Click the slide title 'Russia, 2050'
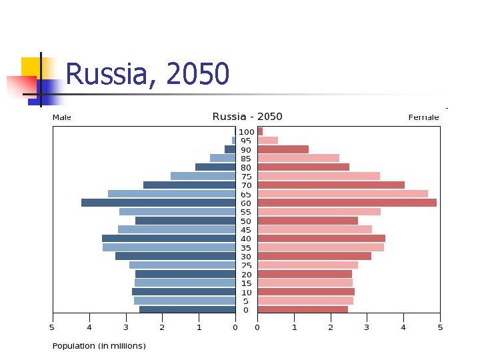tap(148, 74)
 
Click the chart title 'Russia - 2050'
tap(247, 117)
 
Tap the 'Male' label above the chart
tap(62, 117)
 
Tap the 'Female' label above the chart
tap(423, 117)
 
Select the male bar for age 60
tap(158, 203)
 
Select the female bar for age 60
tap(347, 203)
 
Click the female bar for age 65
tap(343, 194)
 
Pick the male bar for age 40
tap(169, 239)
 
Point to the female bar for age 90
tap(283, 149)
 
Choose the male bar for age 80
tap(215, 167)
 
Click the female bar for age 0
tap(303, 309)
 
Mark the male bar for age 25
tap(182, 265)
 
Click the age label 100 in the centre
tap(246, 132)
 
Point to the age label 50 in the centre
tap(246, 221)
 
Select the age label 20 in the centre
tap(246, 274)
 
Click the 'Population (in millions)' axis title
tap(99, 346)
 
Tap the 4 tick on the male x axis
tap(89, 327)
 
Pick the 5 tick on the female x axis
tap(440, 327)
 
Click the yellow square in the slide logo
tap(30, 66)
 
